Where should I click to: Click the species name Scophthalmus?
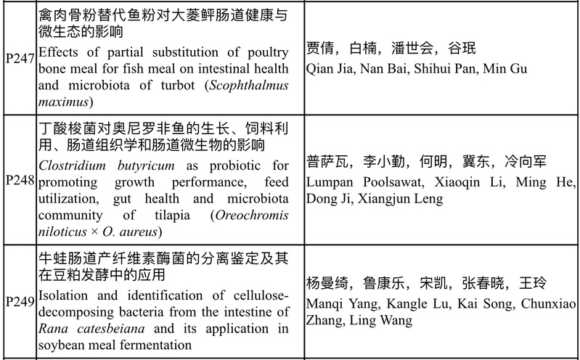click(249, 86)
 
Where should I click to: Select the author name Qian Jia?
click(332, 68)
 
